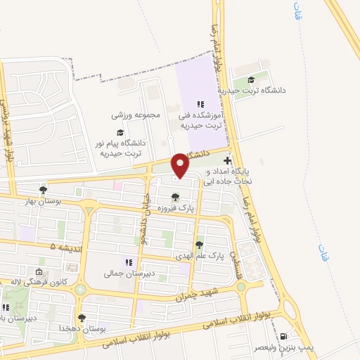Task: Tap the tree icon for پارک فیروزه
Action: coord(175,197)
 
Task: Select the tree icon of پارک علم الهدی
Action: coord(200,245)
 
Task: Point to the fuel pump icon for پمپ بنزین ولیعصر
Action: coord(283,337)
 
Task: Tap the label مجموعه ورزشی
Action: coord(136,115)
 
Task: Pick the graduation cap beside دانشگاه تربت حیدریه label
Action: coord(252,80)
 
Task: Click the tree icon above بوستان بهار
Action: coord(44,190)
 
